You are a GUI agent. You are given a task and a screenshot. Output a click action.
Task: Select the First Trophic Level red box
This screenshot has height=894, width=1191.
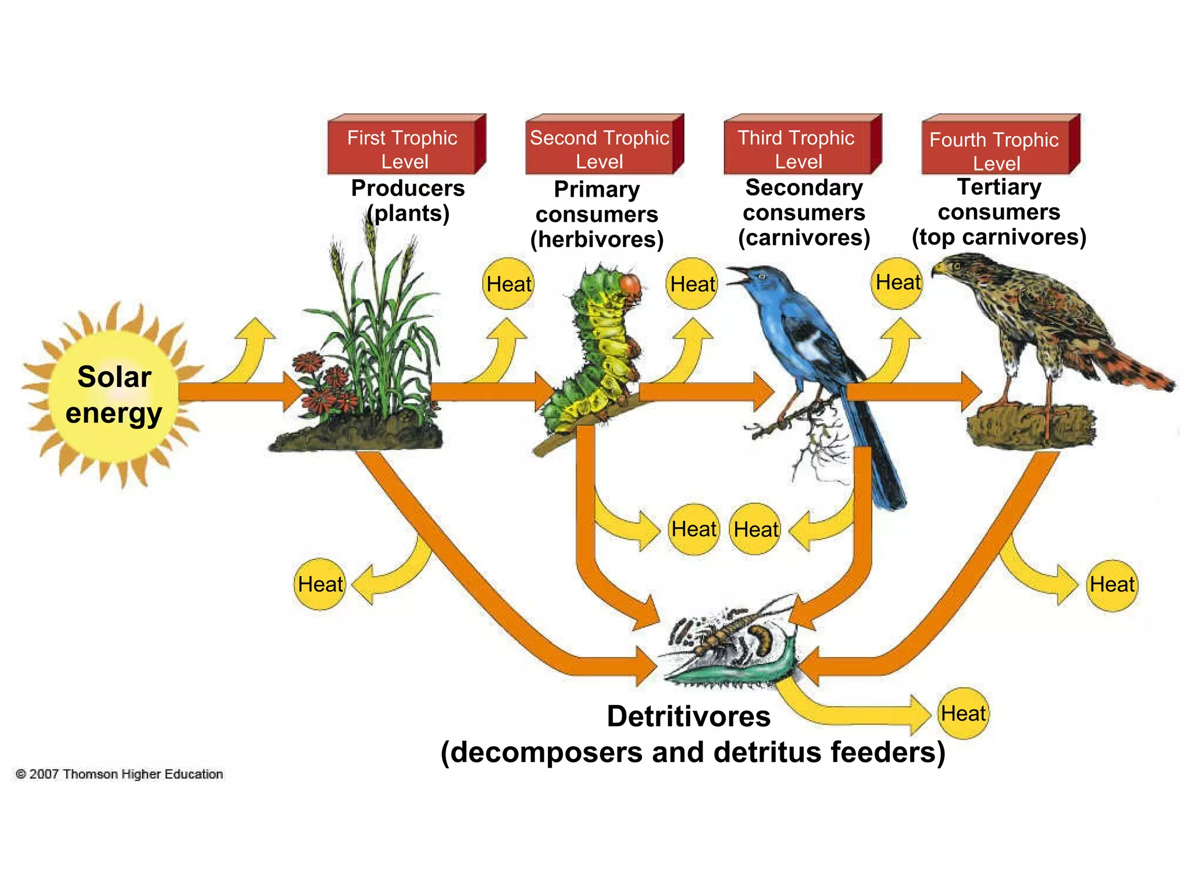pyautogui.click(x=402, y=148)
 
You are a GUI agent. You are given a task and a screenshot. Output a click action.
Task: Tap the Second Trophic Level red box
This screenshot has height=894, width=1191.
pyautogui.click(x=600, y=148)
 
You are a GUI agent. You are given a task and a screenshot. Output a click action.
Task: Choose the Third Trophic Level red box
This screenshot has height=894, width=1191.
pyautogui.click(x=797, y=148)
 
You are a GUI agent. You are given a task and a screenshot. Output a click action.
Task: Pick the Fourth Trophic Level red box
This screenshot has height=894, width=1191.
pyautogui.click(x=995, y=149)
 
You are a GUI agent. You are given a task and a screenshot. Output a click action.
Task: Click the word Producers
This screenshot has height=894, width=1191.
pyautogui.click(x=408, y=188)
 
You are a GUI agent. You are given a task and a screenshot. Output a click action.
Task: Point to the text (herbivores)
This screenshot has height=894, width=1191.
pyautogui.click(x=597, y=239)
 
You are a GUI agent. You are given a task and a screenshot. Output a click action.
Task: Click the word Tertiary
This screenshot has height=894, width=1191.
pyautogui.click(x=999, y=187)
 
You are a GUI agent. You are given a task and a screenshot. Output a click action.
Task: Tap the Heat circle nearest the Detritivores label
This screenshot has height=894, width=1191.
pyautogui.click(x=963, y=714)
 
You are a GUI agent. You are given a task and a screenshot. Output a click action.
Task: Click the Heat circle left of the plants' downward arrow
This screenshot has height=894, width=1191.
pyautogui.click(x=320, y=584)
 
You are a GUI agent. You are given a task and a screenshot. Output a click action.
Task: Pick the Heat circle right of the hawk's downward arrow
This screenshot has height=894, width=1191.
pyautogui.click(x=1111, y=584)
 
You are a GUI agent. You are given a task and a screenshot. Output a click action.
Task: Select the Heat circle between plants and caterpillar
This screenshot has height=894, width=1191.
pyautogui.click(x=508, y=284)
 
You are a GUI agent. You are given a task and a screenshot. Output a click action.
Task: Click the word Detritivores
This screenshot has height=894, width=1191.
pyautogui.click(x=689, y=716)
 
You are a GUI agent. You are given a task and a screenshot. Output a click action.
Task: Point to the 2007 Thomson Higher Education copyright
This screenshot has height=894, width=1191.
pyautogui.click(x=119, y=774)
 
